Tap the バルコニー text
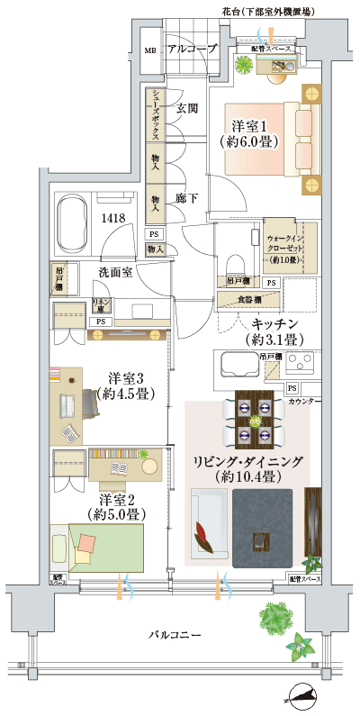(x=175, y=636)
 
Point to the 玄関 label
(x=186, y=108)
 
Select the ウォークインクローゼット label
(x=286, y=245)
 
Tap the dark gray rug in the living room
(x=263, y=528)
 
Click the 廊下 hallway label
(x=186, y=196)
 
